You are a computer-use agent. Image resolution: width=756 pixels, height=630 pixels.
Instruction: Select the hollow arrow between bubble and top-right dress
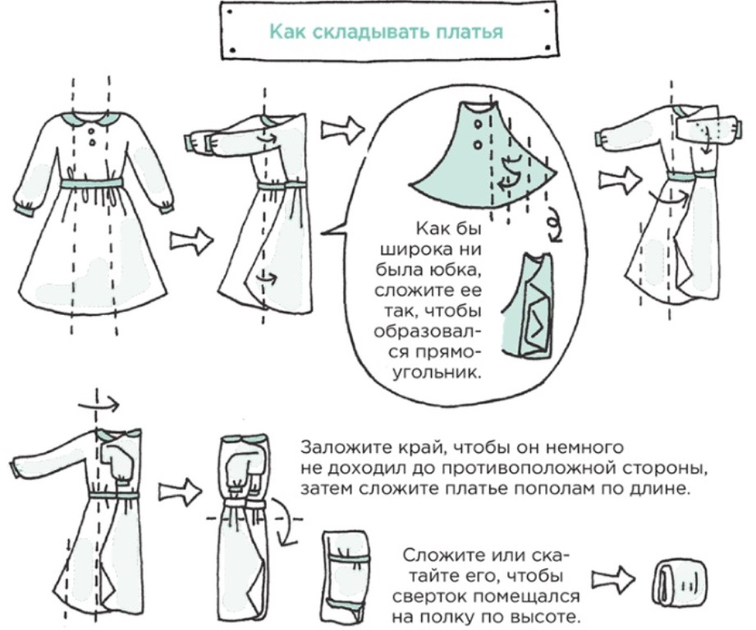pyautogui.click(x=612, y=176)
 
